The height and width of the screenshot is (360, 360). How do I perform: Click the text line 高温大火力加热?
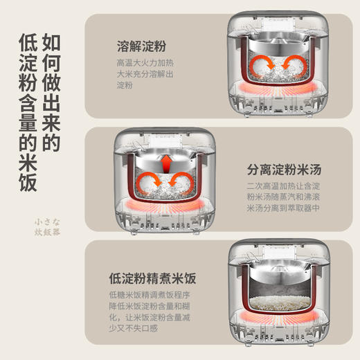pyautogui.click(x=145, y=62)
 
